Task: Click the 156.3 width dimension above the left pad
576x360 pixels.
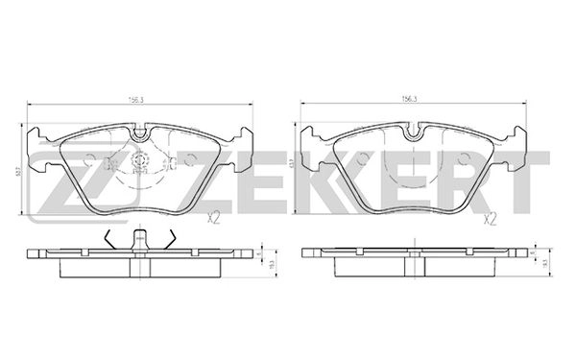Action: [x=137, y=98]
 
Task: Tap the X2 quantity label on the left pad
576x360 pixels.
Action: [x=214, y=219]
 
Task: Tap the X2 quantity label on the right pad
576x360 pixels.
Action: [x=490, y=219]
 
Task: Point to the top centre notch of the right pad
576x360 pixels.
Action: [x=415, y=131]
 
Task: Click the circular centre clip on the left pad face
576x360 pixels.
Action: [x=140, y=163]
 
